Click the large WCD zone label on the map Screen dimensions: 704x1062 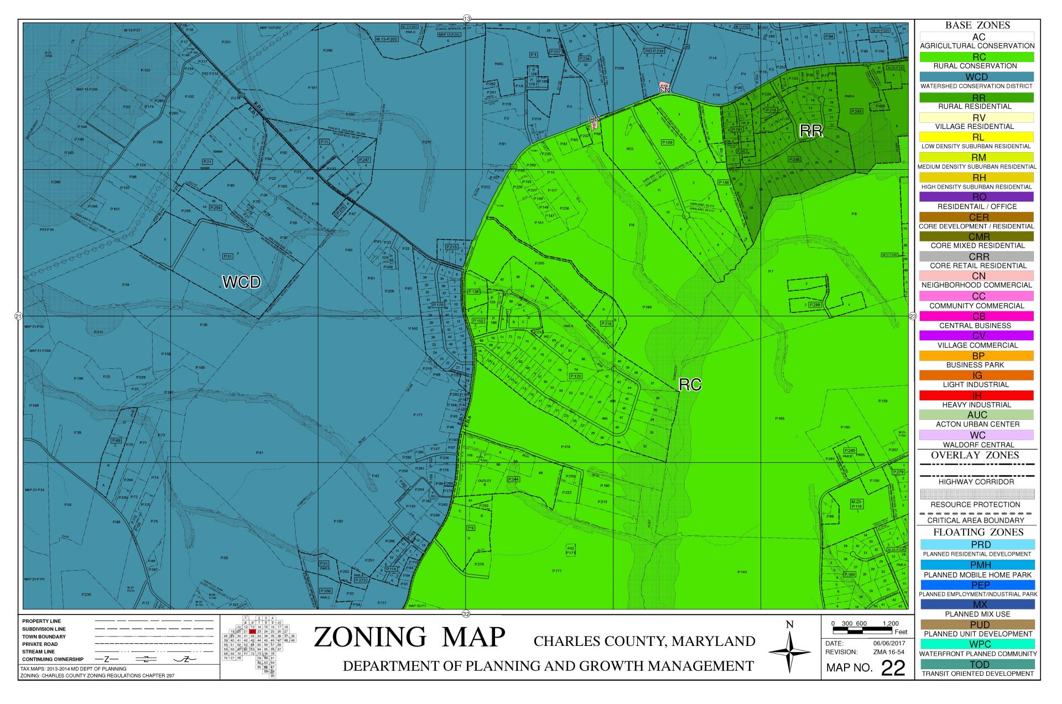(241, 282)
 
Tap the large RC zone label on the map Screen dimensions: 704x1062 (690, 385)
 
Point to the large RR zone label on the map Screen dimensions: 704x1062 (811, 131)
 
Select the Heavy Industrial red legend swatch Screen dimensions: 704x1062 (977, 395)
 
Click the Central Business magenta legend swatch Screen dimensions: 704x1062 (977, 316)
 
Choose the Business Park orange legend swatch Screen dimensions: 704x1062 (977, 356)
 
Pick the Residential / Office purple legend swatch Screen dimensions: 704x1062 (977, 197)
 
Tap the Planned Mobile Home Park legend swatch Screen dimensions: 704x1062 (977, 565)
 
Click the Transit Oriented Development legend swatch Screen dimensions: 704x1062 (977, 664)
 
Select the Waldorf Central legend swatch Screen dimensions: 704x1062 (977, 435)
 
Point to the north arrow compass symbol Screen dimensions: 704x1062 (790, 652)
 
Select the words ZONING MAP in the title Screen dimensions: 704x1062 (409, 637)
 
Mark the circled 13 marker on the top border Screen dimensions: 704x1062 (466, 19)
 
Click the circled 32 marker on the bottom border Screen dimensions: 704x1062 (466, 614)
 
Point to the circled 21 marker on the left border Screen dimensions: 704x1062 (18, 316)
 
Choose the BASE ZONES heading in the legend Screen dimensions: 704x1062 (977, 25)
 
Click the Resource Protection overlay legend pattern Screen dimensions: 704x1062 (977, 494)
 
